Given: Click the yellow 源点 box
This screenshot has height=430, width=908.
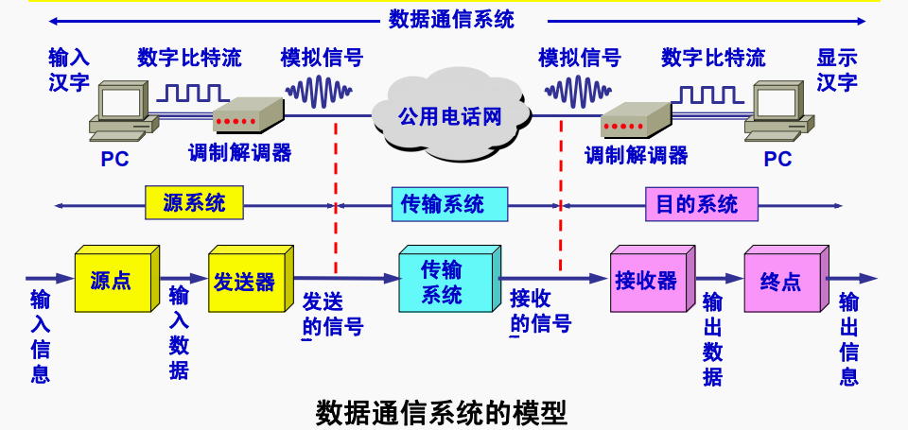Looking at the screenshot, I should [x=113, y=281].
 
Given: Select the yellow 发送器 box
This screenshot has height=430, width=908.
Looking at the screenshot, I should [x=244, y=281].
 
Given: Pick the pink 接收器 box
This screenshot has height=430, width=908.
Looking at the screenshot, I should [x=646, y=280].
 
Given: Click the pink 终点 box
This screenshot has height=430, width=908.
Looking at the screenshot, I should [x=780, y=281].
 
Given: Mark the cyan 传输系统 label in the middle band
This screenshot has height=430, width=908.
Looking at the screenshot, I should [x=443, y=203].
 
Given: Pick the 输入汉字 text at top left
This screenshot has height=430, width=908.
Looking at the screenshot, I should [x=69, y=69].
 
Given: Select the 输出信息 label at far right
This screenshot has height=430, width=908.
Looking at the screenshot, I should [x=848, y=339].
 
